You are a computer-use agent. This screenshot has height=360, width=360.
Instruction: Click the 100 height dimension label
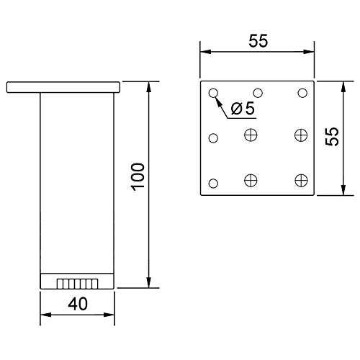coord(139,177)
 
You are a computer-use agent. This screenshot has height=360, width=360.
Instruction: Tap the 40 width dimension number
coord(78,304)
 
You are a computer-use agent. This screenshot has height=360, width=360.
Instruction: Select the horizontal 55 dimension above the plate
coord(258,41)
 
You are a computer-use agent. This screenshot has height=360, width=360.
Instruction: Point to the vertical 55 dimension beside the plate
coord(332,136)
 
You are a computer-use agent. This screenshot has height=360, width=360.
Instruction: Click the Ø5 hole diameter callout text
coord(243,108)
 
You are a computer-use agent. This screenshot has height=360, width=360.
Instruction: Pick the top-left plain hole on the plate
coord(213,93)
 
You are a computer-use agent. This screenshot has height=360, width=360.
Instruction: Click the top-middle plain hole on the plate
coord(258,93)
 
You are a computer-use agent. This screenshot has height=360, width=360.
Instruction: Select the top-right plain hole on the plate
coord(302,93)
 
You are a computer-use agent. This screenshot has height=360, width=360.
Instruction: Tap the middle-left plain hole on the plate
coord(213,138)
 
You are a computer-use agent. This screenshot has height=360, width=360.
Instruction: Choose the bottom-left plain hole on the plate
coord(213,183)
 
